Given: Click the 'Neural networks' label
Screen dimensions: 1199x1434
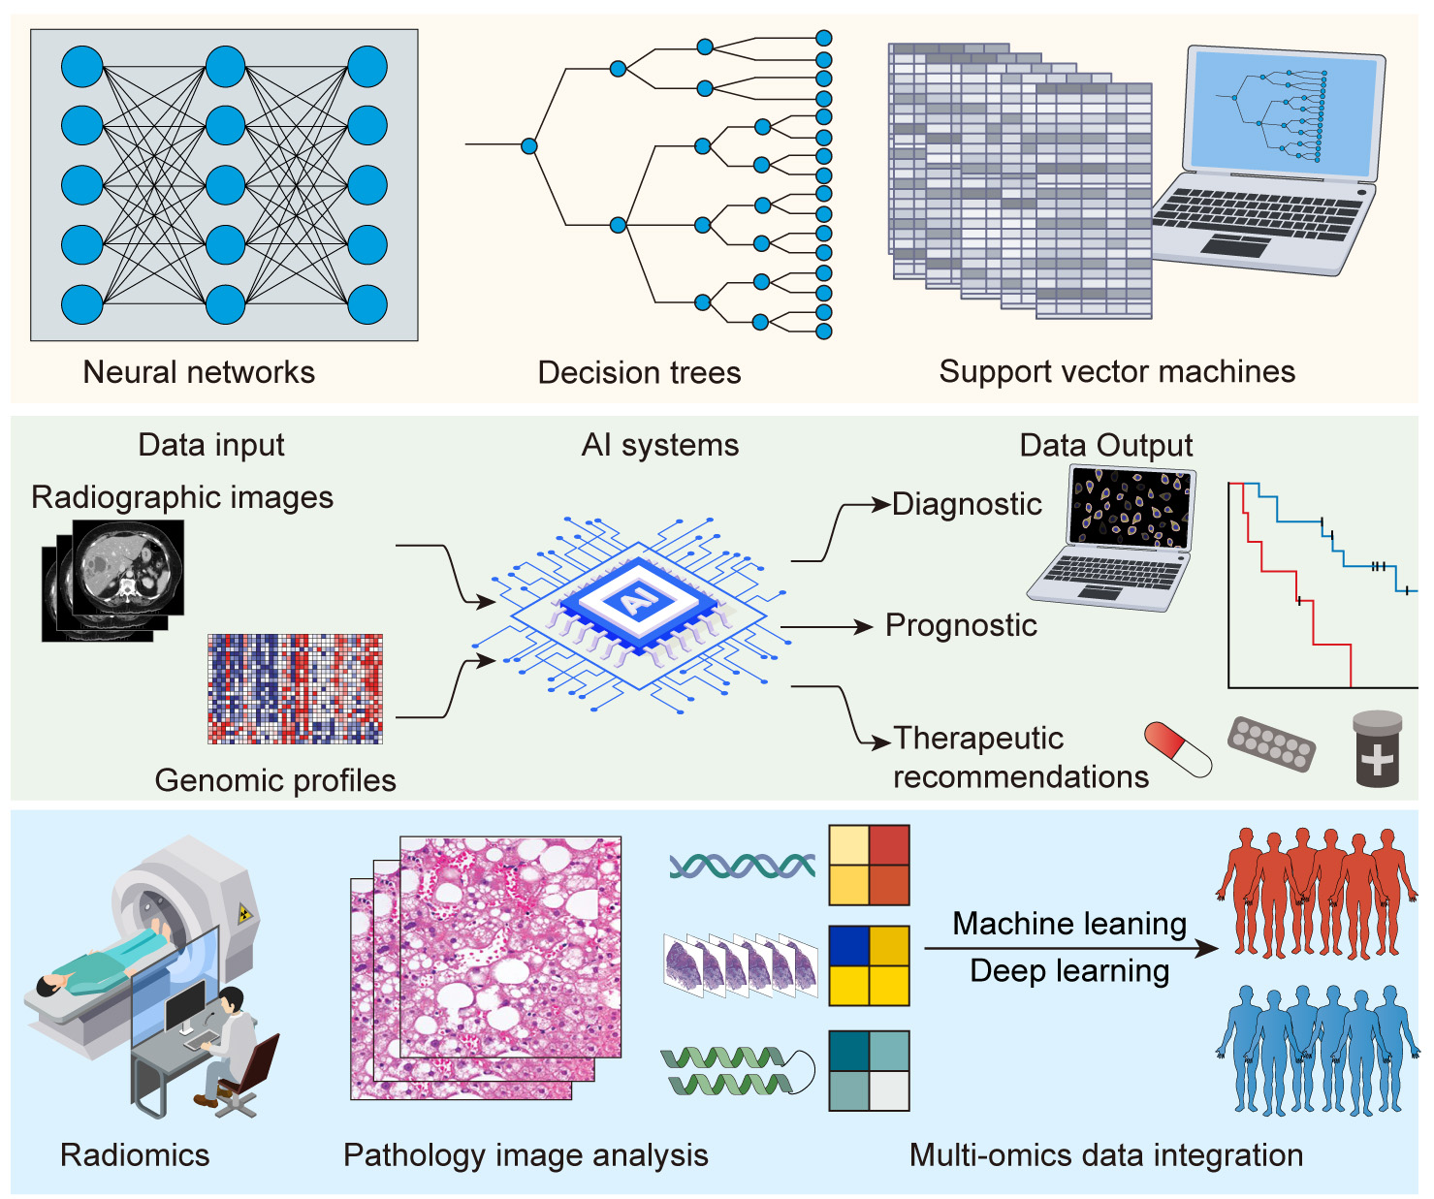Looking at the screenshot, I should (x=199, y=372).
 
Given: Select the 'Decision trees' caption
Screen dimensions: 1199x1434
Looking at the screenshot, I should (x=639, y=372).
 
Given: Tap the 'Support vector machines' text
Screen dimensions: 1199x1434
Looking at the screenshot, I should (x=1117, y=371).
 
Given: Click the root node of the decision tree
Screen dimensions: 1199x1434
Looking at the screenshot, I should (x=528, y=145).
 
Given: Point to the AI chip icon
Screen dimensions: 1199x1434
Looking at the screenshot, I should (x=635, y=602).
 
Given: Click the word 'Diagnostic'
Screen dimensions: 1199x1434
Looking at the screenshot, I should (x=967, y=504).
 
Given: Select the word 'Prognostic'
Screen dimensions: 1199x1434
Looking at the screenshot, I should (x=961, y=625).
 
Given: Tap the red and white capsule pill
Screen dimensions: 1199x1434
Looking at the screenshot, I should (x=1178, y=748).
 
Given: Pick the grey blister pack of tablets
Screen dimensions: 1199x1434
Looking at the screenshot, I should (x=1271, y=744).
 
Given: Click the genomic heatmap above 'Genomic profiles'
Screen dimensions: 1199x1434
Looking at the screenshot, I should (x=295, y=689).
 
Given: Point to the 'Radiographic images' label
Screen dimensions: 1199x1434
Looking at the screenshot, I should (x=182, y=497).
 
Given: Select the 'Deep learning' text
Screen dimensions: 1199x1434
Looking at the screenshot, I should (x=1069, y=970).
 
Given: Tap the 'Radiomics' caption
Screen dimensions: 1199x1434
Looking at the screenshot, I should (x=135, y=1154).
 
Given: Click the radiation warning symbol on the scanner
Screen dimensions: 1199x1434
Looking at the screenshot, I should (x=244, y=912).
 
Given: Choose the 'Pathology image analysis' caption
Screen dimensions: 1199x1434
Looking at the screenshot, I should (x=526, y=1154).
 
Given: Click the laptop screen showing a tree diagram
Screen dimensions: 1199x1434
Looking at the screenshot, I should (x=1284, y=113).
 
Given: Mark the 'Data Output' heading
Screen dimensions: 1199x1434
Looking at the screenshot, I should (x=1105, y=445).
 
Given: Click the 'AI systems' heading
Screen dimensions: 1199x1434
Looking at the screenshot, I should (x=659, y=445).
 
